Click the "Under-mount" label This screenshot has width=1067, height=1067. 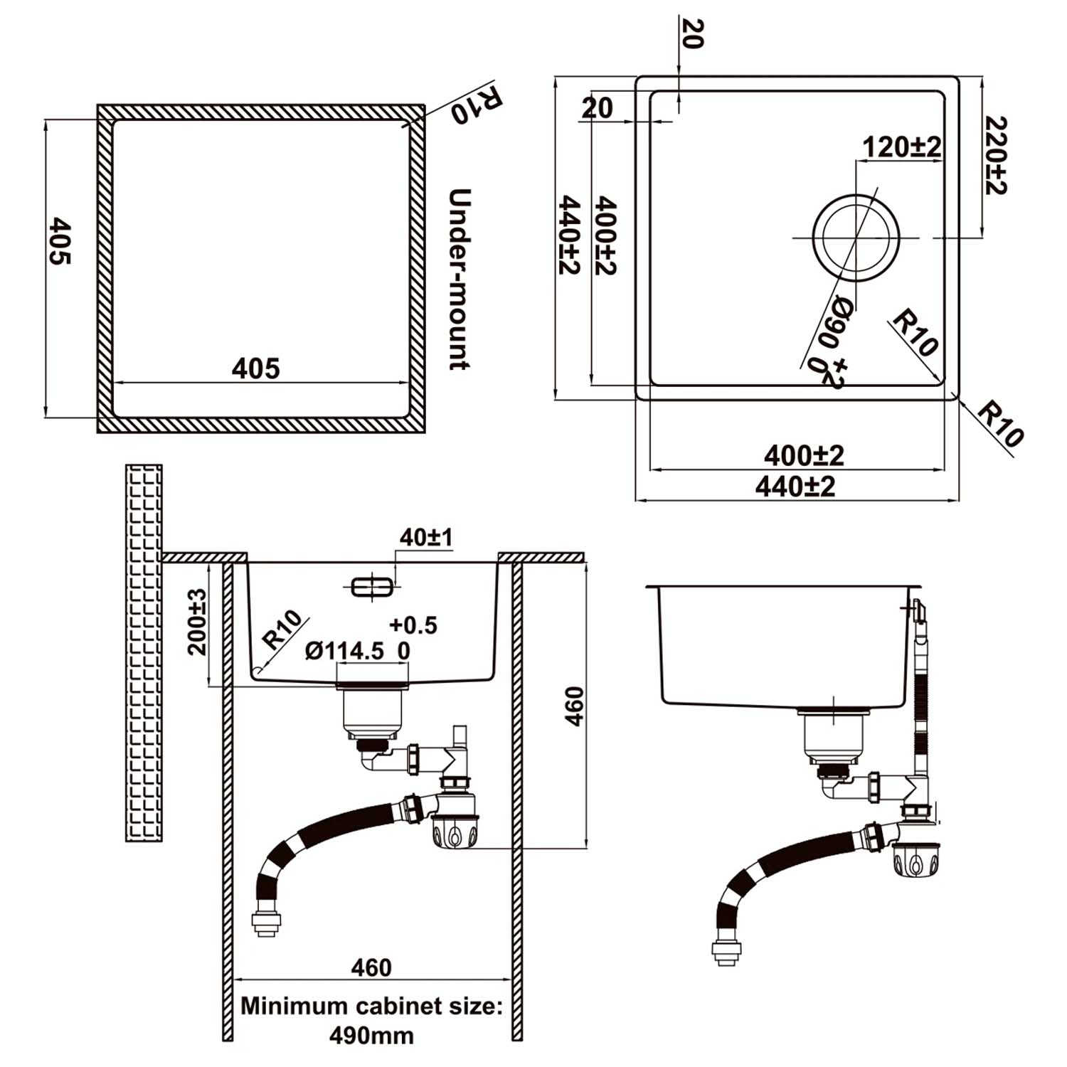tap(460, 279)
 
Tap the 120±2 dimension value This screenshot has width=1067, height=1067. tap(901, 147)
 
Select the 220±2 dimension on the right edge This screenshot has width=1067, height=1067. tap(997, 155)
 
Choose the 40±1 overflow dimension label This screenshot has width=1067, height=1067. tap(425, 537)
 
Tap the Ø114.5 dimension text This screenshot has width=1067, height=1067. tap(344, 651)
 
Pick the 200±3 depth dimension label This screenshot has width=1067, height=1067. tap(197, 622)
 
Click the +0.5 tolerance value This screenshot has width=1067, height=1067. tap(413, 625)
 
